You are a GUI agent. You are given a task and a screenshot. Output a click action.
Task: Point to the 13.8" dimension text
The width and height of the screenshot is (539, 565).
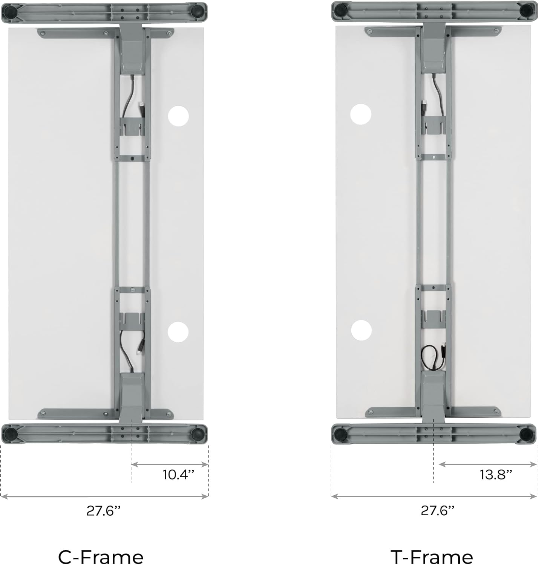tap(496, 474)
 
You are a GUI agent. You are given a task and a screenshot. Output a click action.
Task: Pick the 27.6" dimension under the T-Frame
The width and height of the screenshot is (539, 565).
tap(438, 511)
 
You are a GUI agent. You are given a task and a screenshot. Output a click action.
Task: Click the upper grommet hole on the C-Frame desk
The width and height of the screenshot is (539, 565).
tap(178, 116)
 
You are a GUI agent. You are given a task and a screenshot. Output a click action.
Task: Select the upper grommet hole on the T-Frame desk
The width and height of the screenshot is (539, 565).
tap(361, 114)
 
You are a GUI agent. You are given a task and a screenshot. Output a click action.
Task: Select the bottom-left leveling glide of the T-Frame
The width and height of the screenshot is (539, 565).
tap(341, 435)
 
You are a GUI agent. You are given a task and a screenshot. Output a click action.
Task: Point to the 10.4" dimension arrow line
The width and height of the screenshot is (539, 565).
tap(170, 464)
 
